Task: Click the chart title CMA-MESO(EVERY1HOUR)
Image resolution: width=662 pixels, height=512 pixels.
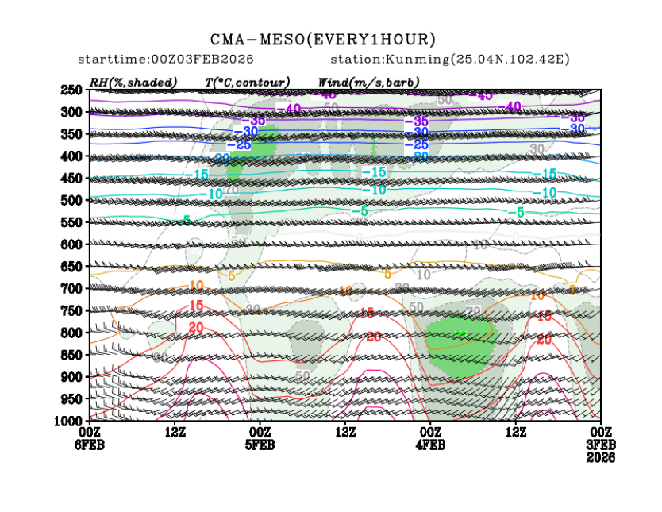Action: click(323, 40)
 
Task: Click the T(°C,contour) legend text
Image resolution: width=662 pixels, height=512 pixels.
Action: click(247, 83)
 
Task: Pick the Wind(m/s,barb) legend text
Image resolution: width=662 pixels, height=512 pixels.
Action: click(368, 83)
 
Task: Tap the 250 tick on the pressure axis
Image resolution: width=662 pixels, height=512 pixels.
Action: click(72, 90)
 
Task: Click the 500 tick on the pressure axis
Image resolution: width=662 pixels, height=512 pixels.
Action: click(72, 200)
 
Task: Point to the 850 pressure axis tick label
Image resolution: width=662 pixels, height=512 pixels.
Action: click(72, 353)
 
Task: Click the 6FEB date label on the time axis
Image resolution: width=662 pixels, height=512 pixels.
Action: click(90, 445)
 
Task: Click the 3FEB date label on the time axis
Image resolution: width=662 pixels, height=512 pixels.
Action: click(600, 445)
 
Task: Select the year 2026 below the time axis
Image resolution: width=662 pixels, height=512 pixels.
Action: click(600, 457)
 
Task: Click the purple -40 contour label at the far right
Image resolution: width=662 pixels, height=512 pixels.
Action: click(511, 106)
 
